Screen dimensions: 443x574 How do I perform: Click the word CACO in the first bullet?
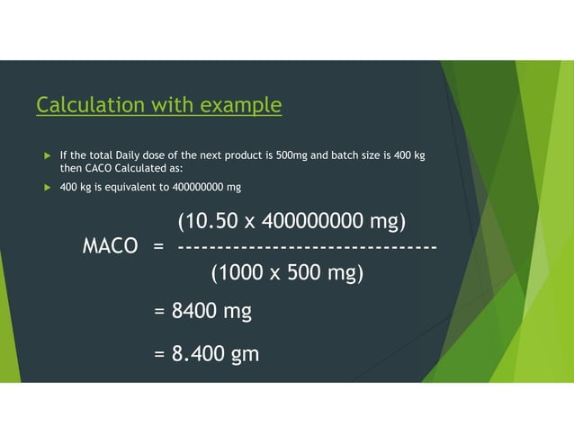(97, 168)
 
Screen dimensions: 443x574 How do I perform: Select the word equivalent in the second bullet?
(130, 187)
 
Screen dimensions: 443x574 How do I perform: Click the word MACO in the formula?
(110, 246)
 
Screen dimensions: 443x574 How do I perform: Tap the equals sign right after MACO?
(158, 246)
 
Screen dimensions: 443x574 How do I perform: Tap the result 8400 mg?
(211, 312)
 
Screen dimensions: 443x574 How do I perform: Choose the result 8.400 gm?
(215, 354)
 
